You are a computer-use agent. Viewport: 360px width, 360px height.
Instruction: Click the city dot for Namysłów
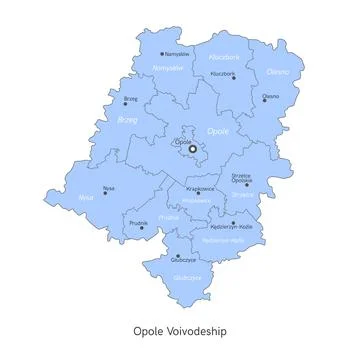click(x=161, y=54)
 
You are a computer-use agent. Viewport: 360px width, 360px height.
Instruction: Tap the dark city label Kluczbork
click(x=222, y=73)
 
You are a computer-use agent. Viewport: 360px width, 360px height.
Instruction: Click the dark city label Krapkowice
click(x=200, y=188)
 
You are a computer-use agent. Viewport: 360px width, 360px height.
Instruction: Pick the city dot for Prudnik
click(x=140, y=228)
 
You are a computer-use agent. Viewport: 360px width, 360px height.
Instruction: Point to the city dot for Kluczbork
click(x=234, y=79)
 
